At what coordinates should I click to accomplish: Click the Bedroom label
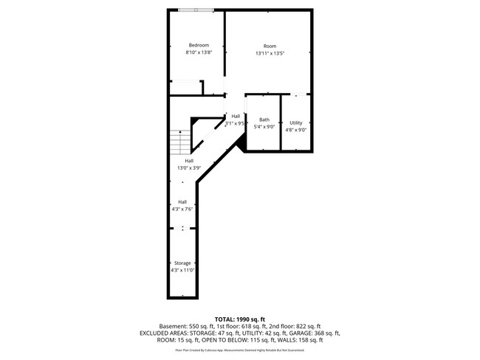pos(198,45)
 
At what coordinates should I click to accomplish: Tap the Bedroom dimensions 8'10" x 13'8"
pos(198,52)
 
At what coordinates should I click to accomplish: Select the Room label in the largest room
pos(270,46)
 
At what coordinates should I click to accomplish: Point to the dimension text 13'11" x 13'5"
pos(270,53)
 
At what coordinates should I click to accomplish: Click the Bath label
pos(264,120)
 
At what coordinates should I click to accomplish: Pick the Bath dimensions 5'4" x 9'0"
pos(264,127)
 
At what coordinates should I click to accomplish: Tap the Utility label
pos(295,122)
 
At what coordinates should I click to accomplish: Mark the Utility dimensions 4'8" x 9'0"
pos(295,130)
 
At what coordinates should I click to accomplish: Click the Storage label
pos(182,263)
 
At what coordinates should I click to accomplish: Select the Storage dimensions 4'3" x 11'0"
pos(182,271)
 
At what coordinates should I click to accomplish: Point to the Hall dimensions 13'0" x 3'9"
pos(189,168)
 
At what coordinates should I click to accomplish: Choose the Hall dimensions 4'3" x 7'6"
pos(182,209)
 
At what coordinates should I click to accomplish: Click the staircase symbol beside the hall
pos(176,139)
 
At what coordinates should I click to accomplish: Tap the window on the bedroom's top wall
pos(196,10)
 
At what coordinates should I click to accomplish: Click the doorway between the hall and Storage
pos(182,229)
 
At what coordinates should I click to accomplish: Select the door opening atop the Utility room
pos(296,94)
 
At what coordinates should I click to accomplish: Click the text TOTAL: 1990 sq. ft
pos(239,318)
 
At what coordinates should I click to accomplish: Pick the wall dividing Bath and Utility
pos(281,122)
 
